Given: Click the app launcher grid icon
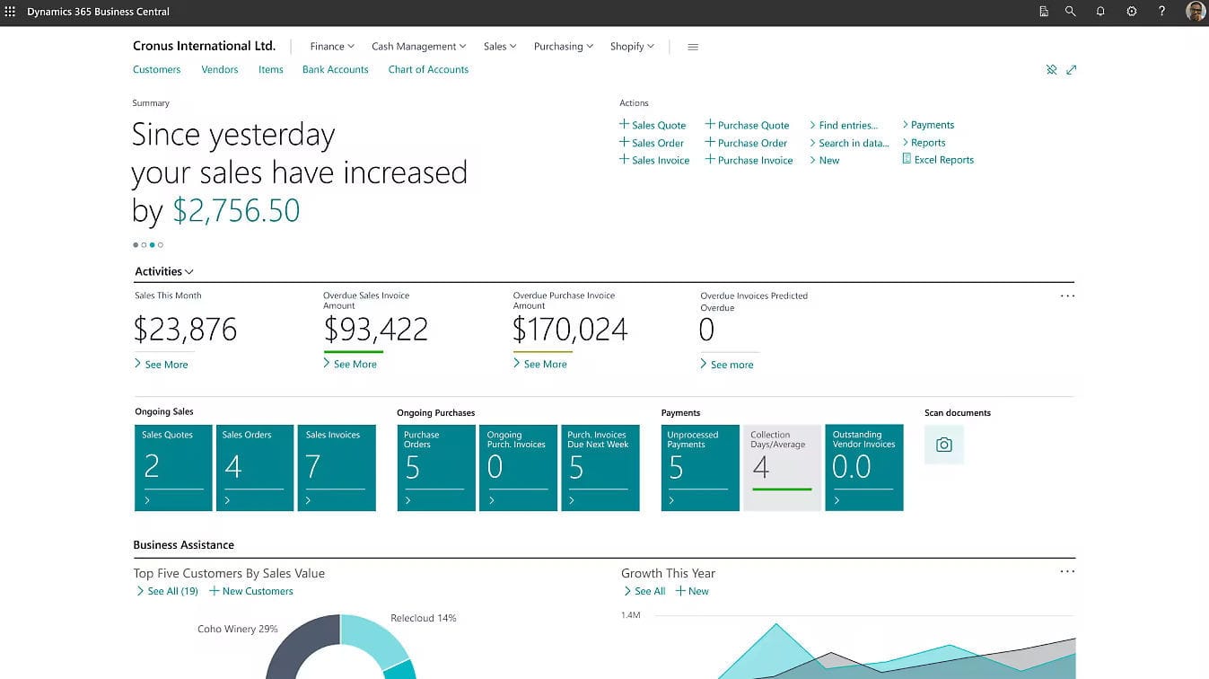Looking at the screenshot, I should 11,12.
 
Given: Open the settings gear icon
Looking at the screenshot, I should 1131,12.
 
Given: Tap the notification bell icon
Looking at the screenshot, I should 1100,12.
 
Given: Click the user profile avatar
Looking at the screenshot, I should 1195,12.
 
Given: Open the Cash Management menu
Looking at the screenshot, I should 418,47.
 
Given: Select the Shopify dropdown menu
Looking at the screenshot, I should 632,47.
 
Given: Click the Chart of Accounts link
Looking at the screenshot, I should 428,69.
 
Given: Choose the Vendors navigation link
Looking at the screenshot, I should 220,69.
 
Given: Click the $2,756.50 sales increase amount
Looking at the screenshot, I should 236,210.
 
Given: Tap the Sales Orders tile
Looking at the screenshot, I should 255,467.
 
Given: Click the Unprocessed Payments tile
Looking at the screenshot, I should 700,467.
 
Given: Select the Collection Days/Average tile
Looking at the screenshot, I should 782,467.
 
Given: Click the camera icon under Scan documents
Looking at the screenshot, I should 943,445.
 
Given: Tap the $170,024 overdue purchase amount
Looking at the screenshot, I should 570,330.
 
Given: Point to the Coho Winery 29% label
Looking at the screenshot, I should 237,629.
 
